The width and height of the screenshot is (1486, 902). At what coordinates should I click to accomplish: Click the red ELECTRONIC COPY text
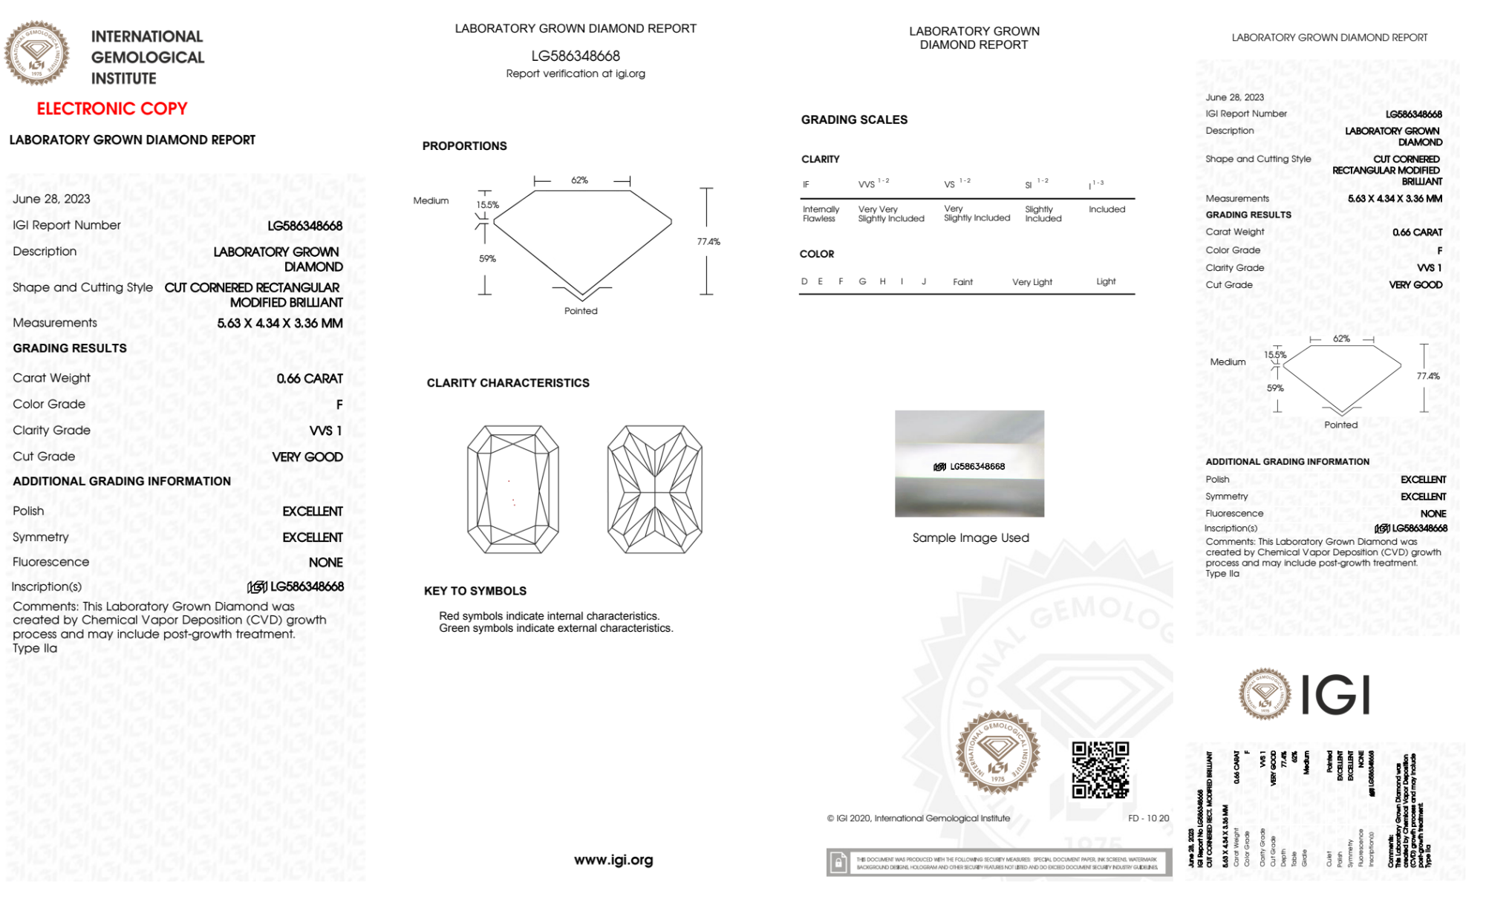(112, 109)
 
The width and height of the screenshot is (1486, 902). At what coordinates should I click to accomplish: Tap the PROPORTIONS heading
(464, 146)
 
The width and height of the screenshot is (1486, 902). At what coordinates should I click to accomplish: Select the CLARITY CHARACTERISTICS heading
(508, 383)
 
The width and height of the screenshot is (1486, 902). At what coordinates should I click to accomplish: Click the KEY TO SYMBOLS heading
(475, 591)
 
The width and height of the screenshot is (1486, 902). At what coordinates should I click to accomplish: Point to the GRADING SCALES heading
(854, 120)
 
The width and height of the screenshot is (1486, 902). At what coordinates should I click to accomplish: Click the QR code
(1100, 770)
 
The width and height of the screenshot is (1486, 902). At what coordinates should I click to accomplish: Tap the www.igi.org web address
(613, 860)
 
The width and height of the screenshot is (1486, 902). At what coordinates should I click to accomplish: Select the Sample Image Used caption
(971, 537)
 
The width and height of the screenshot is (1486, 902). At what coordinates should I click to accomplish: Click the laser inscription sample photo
(969, 463)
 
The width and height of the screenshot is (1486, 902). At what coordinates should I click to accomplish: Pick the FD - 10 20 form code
(1148, 818)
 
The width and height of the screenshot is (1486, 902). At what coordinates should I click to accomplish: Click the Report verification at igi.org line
(576, 73)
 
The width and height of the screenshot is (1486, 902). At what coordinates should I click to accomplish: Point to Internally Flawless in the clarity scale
(821, 214)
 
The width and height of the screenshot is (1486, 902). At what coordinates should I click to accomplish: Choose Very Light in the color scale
(1032, 282)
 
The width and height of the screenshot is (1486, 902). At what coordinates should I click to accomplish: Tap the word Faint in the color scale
(962, 282)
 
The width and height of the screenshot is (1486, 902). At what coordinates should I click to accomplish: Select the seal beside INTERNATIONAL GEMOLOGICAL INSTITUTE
(37, 53)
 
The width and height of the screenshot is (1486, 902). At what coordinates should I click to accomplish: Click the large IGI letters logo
(1336, 695)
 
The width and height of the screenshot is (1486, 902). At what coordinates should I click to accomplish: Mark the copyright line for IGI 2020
(919, 818)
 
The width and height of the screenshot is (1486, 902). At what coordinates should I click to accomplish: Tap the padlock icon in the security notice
(838, 863)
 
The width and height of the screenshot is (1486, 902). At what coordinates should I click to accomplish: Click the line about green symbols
(555, 628)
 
